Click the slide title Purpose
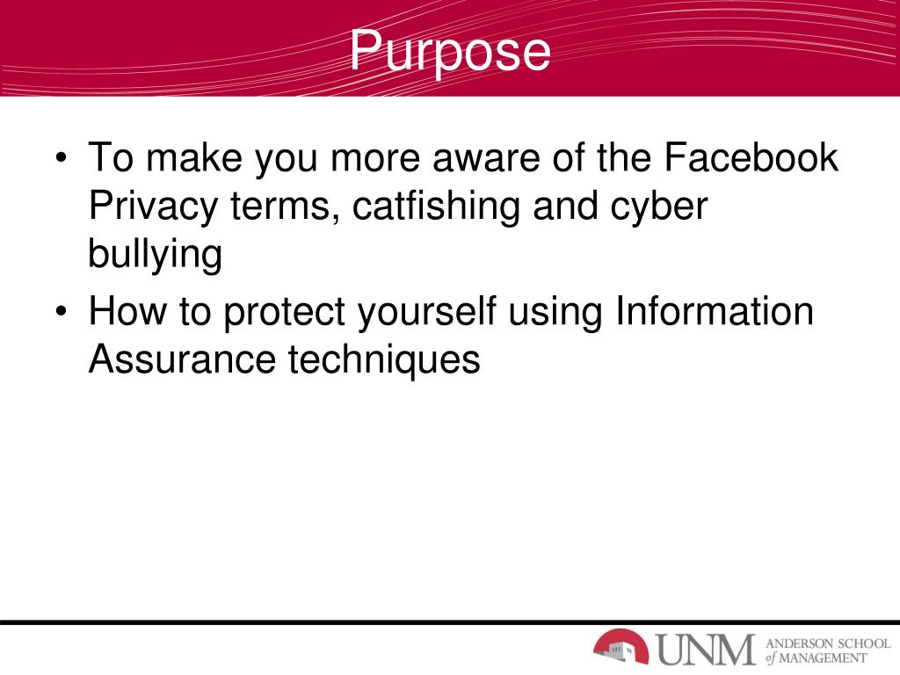coord(450,51)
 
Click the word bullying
coord(155,255)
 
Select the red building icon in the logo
coord(621,647)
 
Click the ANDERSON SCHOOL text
coord(828,642)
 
